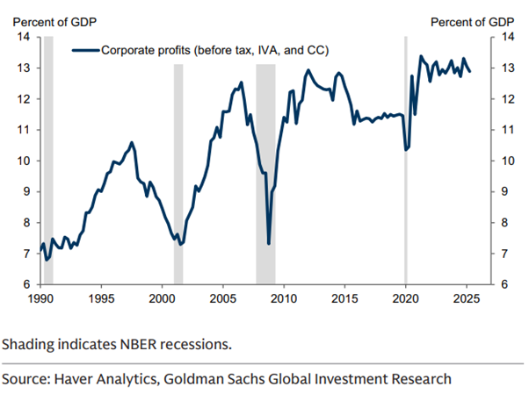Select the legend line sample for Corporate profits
pos(85,51)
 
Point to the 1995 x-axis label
pos(101,299)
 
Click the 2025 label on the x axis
pos(466,299)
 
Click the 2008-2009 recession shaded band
pos(265,176)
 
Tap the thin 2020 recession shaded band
pos(405,176)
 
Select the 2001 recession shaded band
pos(178,176)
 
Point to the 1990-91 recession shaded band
pos(48,176)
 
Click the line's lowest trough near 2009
pos(268,244)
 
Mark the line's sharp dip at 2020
pos(406,150)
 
